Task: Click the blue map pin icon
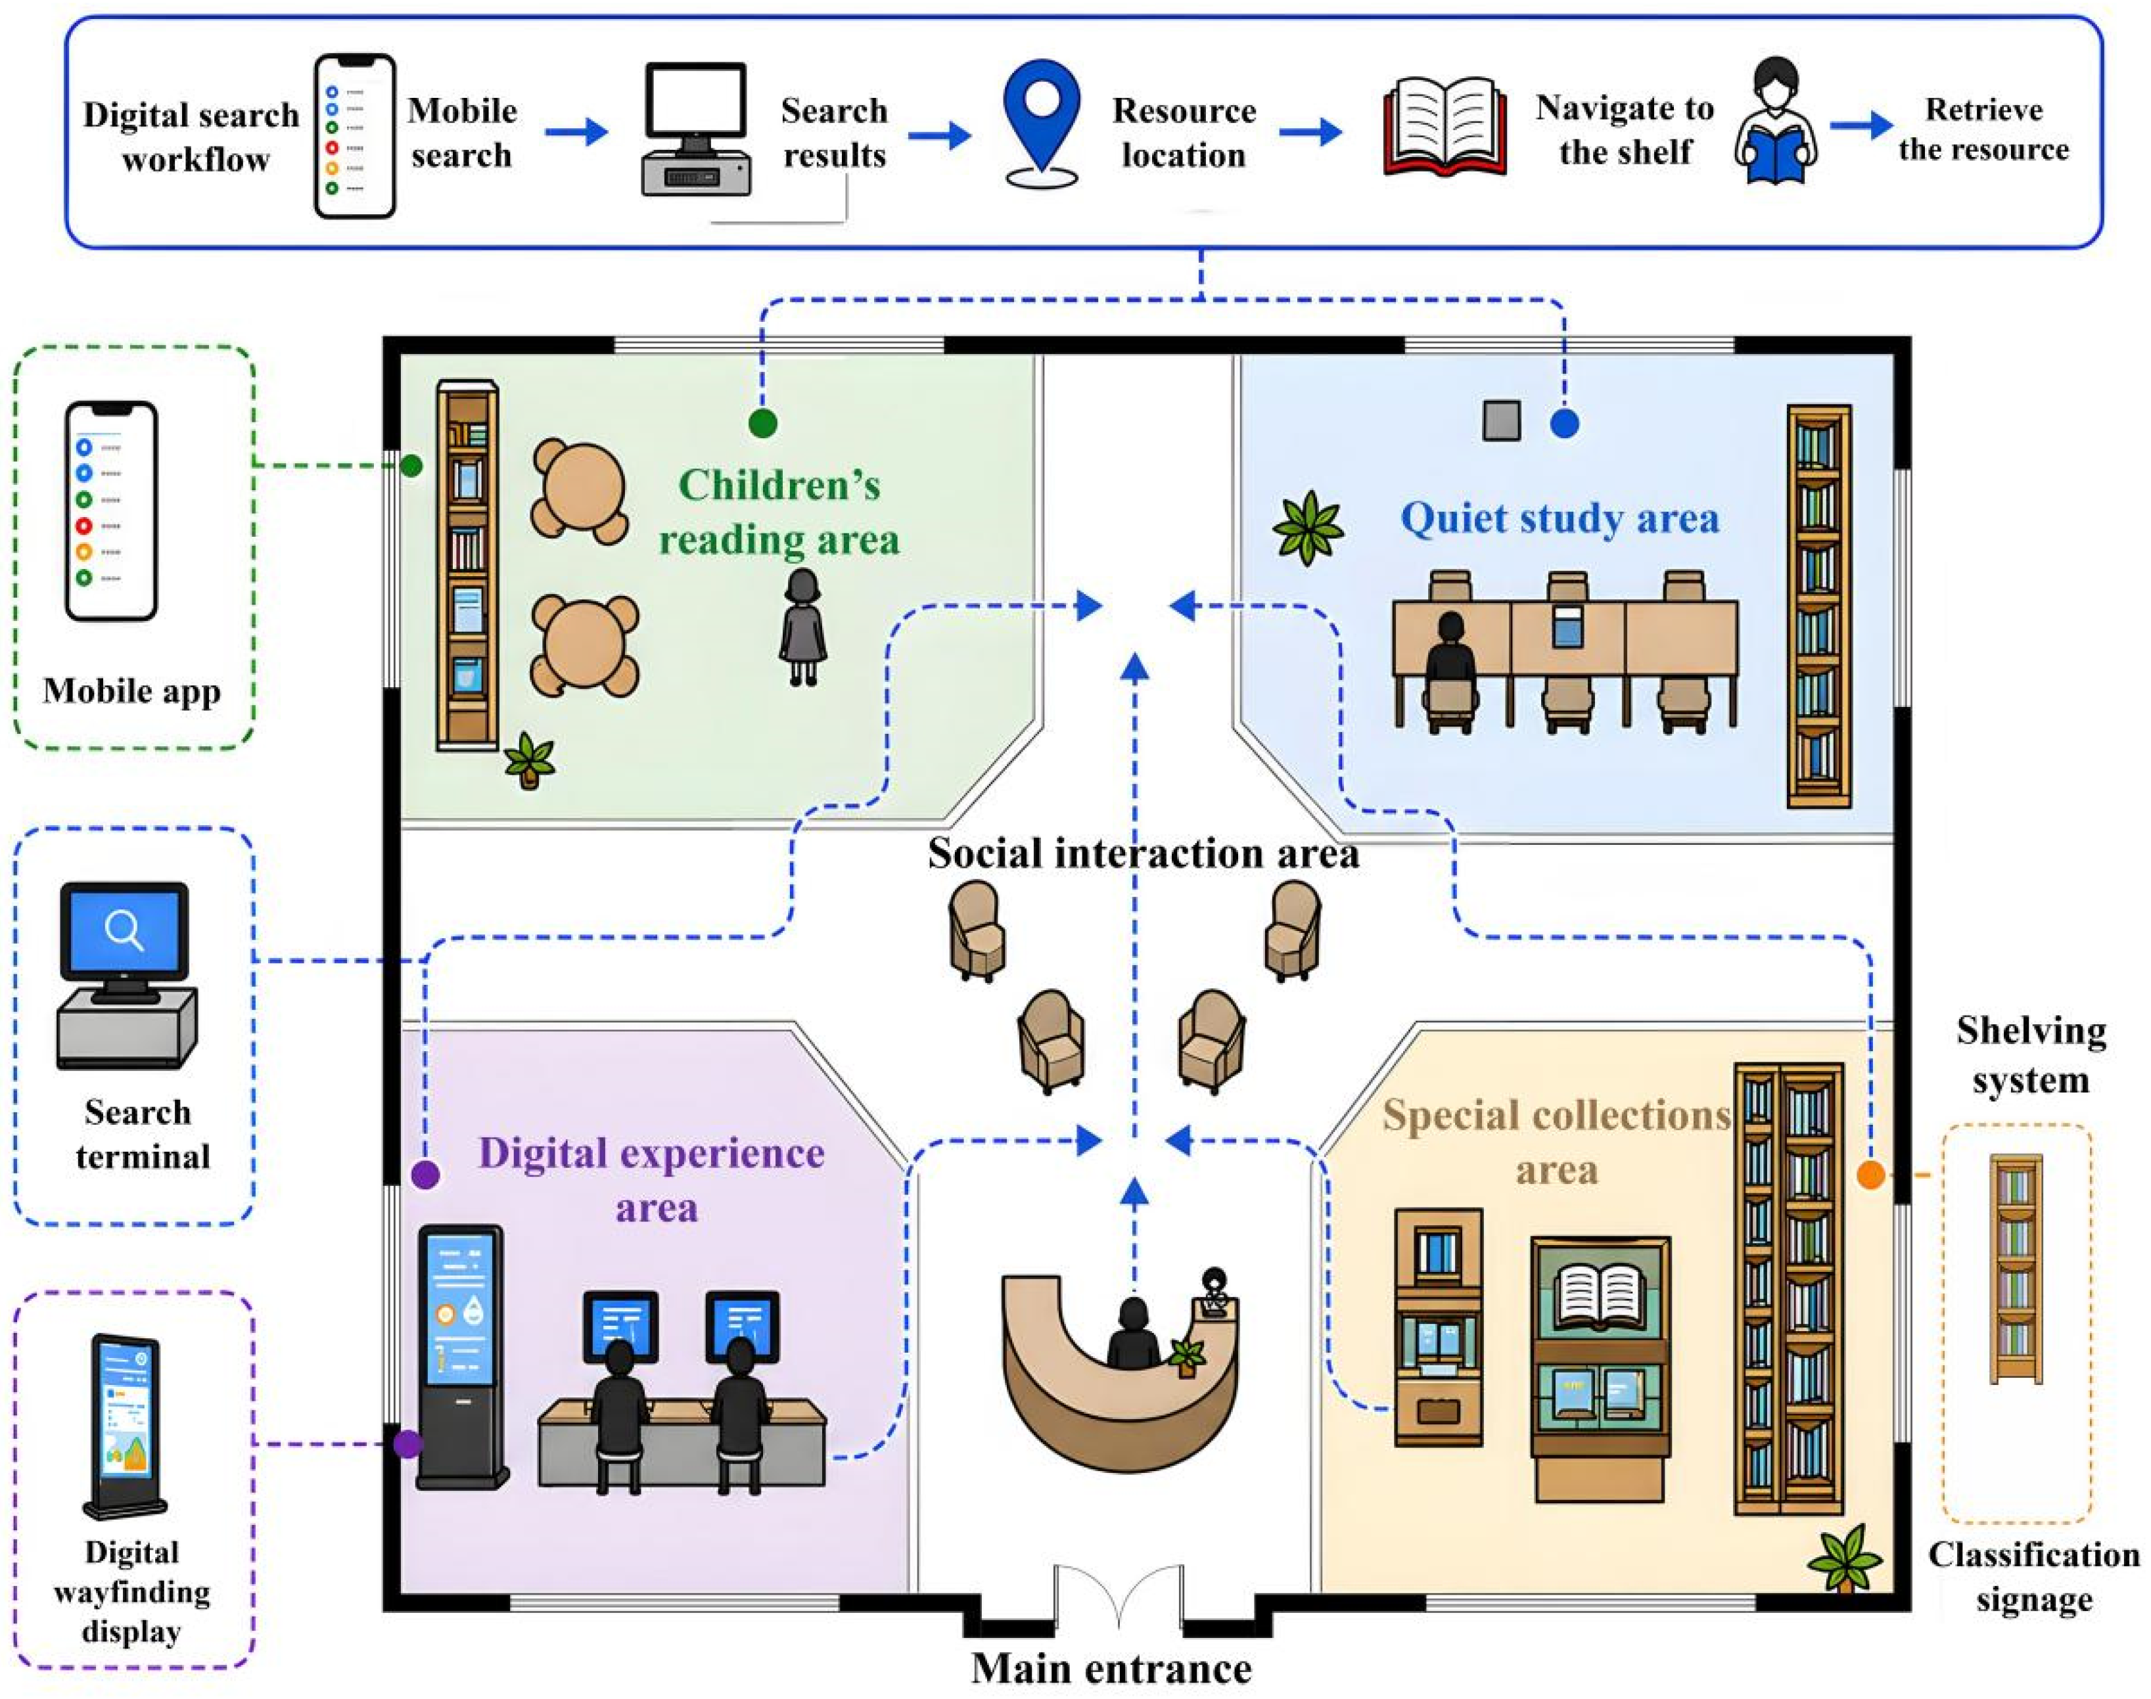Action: tap(1041, 124)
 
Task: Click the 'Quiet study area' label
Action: tap(1559, 518)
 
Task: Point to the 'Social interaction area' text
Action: tap(1143, 853)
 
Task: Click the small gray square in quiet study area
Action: tap(1501, 420)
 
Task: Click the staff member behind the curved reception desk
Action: tap(1132, 1333)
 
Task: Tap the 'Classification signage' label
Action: tap(2033, 1577)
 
